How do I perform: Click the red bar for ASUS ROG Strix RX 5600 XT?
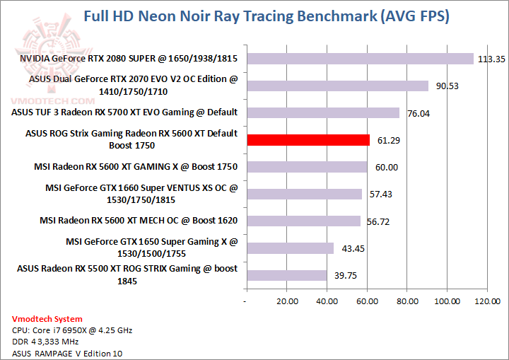point(308,140)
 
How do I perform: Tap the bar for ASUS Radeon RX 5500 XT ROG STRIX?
point(286,275)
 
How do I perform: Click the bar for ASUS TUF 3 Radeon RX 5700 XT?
point(322,113)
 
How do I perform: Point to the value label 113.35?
point(492,59)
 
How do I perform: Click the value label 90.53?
point(446,86)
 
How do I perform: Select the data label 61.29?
point(388,141)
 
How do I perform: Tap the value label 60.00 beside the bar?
point(385,168)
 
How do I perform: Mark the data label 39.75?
point(345,276)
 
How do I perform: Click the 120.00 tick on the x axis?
point(486,301)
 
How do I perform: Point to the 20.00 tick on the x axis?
point(286,301)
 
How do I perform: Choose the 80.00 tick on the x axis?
point(406,301)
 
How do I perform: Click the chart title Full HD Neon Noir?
point(266,16)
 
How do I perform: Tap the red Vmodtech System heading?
point(47,319)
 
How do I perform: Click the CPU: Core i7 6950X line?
point(72,330)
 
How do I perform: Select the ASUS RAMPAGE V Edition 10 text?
point(62,353)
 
